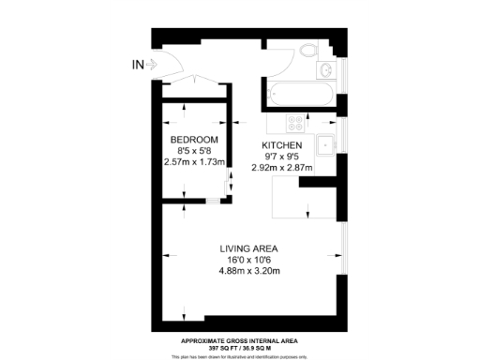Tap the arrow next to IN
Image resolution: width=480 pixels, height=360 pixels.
pyautogui.click(x=151, y=65)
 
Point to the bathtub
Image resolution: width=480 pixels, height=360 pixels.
pyautogui.click(x=298, y=94)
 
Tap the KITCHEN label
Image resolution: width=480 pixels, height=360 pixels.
pyautogui.click(x=281, y=145)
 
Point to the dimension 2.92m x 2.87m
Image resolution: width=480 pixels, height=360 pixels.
pyautogui.click(x=281, y=168)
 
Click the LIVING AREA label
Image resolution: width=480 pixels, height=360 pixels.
pyautogui.click(x=249, y=248)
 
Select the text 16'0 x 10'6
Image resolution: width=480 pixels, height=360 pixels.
pyautogui.click(x=249, y=260)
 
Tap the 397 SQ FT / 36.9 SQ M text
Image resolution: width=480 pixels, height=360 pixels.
pyautogui.click(x=241, y=347)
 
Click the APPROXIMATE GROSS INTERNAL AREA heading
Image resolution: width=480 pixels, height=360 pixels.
pyautogui.click(x=241, y=340)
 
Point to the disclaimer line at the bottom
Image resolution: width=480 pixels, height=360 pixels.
pyautogui.click(x=241, y=355)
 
